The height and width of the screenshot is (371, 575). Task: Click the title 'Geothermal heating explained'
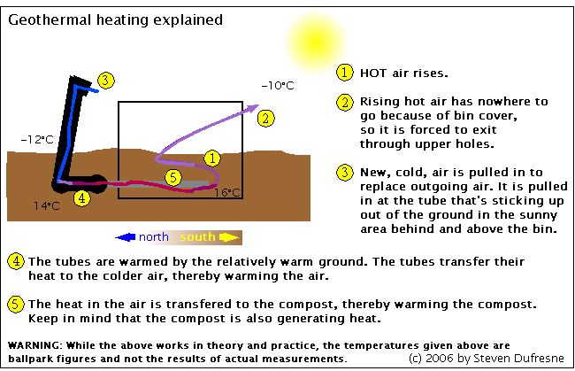(x=116, y=19)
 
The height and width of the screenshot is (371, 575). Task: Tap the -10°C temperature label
(x=278, y=86)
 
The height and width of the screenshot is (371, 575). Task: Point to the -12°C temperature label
(x=37, y=139)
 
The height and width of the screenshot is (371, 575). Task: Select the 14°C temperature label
(x=47, y=206)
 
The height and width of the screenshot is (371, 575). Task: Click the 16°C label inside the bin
(x=227, y=192)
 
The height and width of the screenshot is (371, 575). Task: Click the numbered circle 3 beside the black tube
(x=106, y=81)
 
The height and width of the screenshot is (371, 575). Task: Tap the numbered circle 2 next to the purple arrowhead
(x=265, y=118)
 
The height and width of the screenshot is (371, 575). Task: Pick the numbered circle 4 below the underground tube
(x=81, y=198)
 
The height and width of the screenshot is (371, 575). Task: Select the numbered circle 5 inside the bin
(x=173, y=178)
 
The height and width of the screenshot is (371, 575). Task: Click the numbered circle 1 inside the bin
(x=212, y=158)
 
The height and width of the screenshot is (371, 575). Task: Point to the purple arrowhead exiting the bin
(x=253, y=108)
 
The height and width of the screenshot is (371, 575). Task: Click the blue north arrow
(x=125, y=237)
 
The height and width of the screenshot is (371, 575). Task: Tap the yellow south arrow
(x=229, y=237)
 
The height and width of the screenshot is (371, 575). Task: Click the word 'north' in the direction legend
(x=154, y=237)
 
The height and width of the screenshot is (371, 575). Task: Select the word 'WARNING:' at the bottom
(x=35, y=345)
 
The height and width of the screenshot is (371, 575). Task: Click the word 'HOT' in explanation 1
(x=373, y=73)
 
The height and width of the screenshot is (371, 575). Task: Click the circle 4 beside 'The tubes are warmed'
(x=16, y=261)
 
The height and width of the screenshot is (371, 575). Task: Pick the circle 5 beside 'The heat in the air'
(x=16, y=305)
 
